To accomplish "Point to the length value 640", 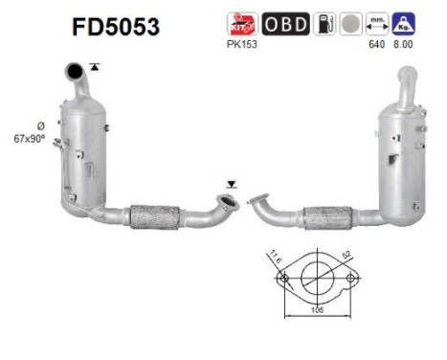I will pyautogui.click(x=375, y=43).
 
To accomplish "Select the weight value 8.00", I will pyautogui.click(x=406, y=43).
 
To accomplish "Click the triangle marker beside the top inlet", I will pyautogui.click(x=94, y=64).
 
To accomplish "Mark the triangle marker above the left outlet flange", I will pyautogui.click(x=229, y=181).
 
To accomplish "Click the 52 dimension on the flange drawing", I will pyautogui.click(x=344, y=256).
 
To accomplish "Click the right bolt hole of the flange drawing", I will pyautogui.click(x=351, y=280).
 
